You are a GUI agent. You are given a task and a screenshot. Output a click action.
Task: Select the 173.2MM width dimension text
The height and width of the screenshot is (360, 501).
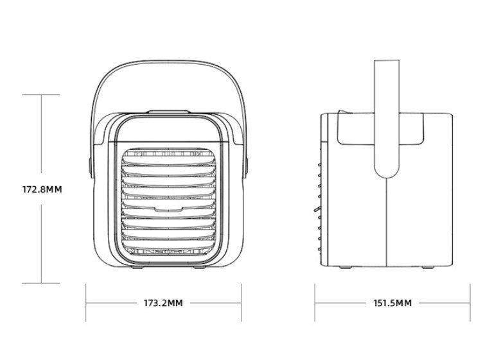(163, 302)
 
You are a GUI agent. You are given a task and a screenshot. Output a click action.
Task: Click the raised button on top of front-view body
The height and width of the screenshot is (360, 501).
(165, 112)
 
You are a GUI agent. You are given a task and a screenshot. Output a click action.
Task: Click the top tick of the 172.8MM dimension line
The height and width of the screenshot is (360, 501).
(41, 95)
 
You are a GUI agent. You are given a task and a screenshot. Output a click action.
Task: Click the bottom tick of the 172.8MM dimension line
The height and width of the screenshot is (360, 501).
(41, 283)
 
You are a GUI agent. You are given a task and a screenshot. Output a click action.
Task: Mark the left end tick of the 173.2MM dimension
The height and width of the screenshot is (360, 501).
(86, 303)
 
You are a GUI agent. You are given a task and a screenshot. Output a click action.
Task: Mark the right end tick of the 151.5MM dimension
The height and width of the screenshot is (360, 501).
(470, 303)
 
